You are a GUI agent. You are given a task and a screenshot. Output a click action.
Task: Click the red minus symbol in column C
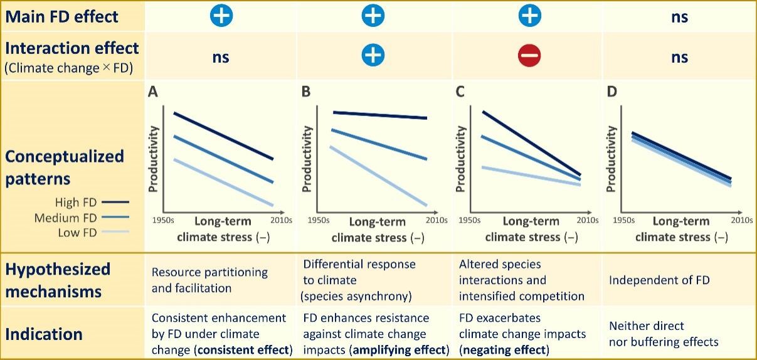click(x=529, y=56)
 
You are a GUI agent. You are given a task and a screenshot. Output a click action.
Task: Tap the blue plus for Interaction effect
click(x=373, y=56)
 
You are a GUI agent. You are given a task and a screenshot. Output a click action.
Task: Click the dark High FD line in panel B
click(x=380, y=115)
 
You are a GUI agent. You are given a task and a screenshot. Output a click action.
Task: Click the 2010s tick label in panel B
click(x=435, y=220)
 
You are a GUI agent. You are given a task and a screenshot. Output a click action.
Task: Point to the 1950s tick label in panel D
click(x=623, y=220)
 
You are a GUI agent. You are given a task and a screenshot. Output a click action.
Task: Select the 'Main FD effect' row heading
click(x=61, y=16)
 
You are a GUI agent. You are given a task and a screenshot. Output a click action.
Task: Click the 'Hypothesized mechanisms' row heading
click(x=58, y=280)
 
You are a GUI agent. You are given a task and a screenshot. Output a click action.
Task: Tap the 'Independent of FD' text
click(x=659, y=280)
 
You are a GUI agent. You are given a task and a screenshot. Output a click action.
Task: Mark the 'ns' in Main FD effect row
click(x=679, y=17)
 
